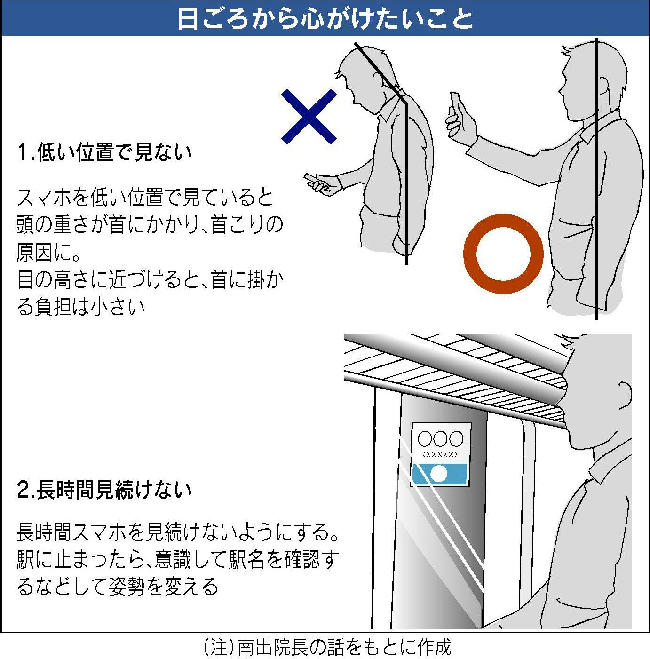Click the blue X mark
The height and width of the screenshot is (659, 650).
[309, 116]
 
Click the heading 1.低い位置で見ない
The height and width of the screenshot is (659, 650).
[105, 152]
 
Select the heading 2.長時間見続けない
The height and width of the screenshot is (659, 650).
[105, 490]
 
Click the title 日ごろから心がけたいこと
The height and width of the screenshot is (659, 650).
[325, 18]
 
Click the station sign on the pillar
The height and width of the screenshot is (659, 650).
[440, 454]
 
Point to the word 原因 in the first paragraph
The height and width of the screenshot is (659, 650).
[35, 253]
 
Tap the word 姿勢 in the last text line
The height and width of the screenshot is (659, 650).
[127, 586]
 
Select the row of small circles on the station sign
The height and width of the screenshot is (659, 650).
[440, 454]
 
